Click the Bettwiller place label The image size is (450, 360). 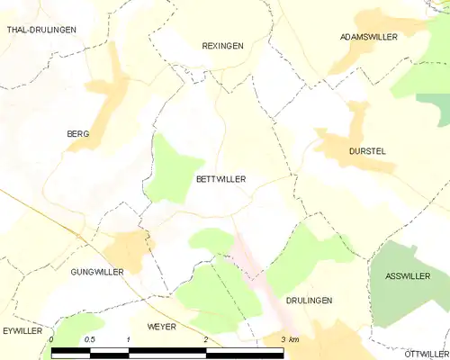click(220, 179)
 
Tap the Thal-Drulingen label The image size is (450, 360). click(41, 30)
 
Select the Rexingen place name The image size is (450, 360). click(222, 45)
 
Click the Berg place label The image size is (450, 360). click(77, 134)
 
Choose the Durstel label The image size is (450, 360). click(366, 151)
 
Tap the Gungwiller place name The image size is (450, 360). click(96, 271)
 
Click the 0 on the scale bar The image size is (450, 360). click(52, 338)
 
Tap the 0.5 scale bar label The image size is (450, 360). click(90, 338)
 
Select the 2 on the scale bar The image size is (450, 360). click(206, 338)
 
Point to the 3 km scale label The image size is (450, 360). click(290, 338)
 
